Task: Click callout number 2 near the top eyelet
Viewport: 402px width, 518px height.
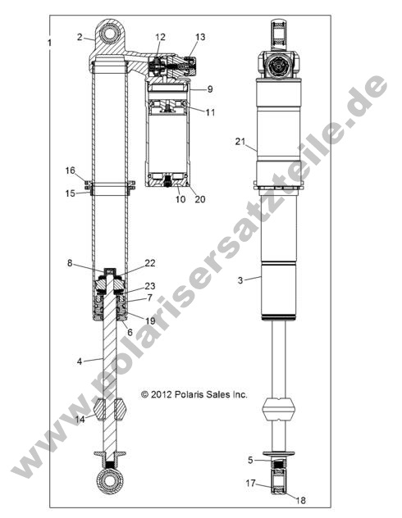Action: [80, 37]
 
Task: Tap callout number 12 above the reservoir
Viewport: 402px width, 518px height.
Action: [160, 38]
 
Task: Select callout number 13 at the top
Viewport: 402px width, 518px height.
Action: [200, 38]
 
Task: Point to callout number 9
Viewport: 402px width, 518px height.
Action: [210, 89]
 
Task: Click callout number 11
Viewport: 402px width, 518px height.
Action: [211, 111]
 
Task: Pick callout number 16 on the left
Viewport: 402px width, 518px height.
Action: [71, 170]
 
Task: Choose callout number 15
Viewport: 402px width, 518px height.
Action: [71, 193]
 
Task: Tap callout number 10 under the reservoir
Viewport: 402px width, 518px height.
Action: [178, 198]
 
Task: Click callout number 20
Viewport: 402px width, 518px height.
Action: [199, 198]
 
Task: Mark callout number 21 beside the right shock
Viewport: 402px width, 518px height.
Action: [240, 142]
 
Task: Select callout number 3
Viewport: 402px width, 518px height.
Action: [240, 280]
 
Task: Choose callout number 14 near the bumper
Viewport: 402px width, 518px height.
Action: [80, 420]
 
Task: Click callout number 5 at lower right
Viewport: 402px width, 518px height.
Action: [250, 460]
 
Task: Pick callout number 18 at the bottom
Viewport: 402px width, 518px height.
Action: [300, 499]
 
